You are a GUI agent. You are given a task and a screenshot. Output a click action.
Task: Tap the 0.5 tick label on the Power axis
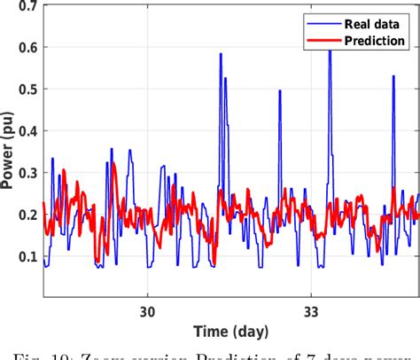coord(26,90)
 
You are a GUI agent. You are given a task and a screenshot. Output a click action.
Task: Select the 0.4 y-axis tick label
coord(26,131)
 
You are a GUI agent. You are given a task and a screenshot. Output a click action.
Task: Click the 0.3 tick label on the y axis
coord(26,173)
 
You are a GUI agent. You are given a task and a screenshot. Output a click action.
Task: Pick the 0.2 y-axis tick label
coord(26,215)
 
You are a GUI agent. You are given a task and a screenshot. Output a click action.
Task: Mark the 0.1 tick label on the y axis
coord(26,256)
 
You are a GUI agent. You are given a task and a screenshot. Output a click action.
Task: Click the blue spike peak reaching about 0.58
coord(220,54)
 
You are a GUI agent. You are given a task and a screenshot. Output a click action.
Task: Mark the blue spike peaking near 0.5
coord(280,90)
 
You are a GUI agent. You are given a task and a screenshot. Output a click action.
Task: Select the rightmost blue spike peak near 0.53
coord(393,76)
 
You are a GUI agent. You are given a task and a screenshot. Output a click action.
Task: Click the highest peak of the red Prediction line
coord(113,163)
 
